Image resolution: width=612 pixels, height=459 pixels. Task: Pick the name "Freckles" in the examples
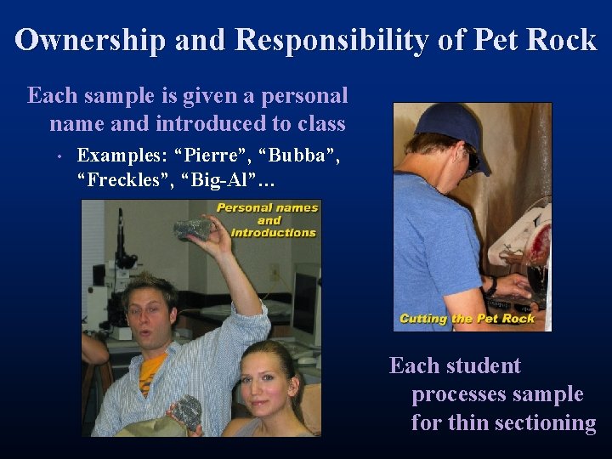[x=118, y=180]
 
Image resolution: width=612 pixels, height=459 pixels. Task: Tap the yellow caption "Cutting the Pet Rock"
[x=467, y=319]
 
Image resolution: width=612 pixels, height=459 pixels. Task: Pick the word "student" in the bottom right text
[x=480, y=366]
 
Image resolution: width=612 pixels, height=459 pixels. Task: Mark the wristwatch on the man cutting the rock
[x=490, y=286]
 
